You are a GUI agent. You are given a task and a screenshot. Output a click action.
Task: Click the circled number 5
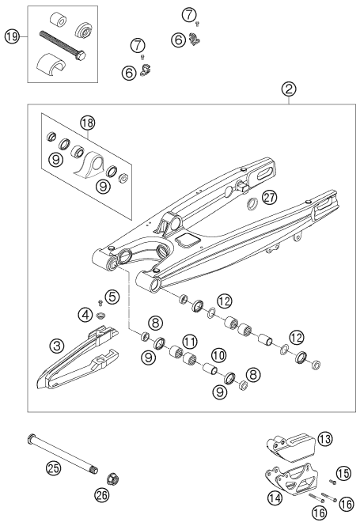112,298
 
